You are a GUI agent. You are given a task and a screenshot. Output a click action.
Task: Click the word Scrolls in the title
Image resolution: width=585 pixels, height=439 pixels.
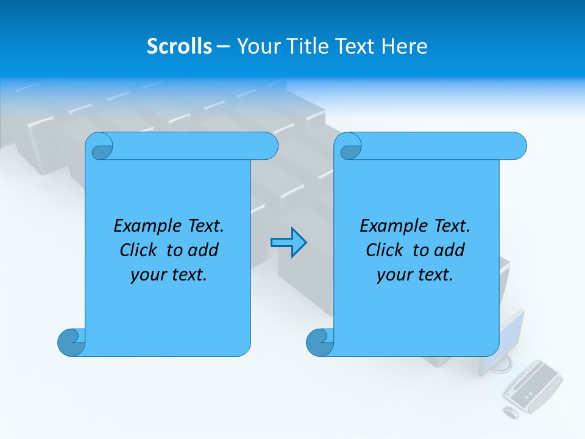point(179,46)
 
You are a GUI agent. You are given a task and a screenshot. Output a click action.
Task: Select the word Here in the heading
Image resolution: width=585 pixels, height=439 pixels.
point(405,46)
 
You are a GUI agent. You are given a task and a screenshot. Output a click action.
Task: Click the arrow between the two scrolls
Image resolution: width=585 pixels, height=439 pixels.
point(288,243)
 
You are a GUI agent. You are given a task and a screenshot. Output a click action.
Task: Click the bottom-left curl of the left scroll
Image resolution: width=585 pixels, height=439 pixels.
point(72,341)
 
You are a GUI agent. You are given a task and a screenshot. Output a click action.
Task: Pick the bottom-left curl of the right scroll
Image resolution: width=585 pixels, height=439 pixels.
point(321,341)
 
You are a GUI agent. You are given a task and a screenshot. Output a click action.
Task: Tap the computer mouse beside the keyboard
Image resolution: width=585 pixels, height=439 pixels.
point(511,412)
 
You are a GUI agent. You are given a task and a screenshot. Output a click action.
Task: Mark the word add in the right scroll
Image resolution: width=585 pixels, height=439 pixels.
point(449,250)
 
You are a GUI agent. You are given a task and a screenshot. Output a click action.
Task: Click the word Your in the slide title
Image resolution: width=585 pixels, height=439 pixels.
point(256,46)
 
